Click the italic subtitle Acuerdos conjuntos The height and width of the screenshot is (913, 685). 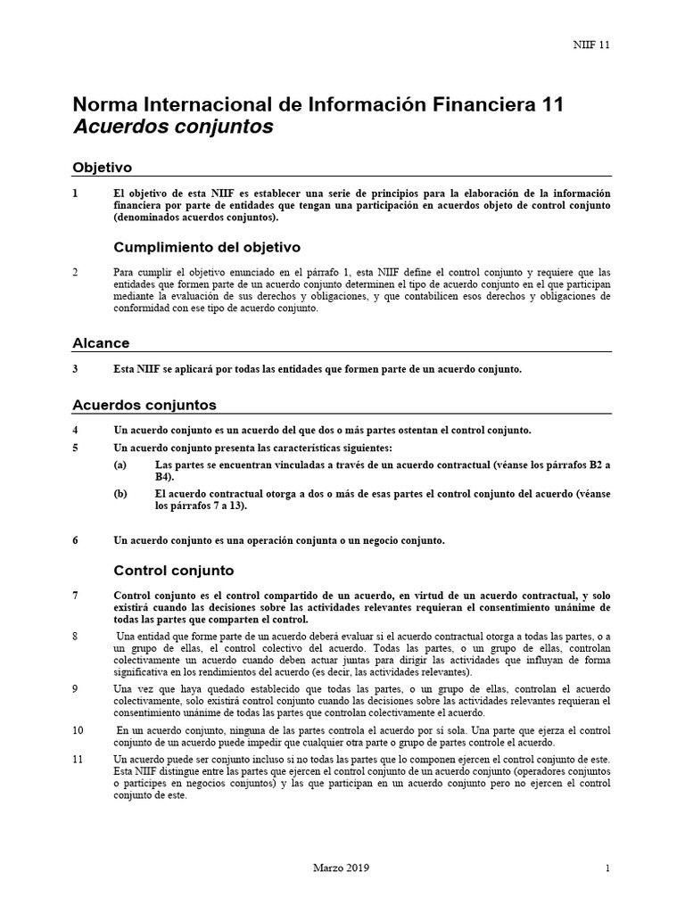pyautogui.click(x=172, y=127)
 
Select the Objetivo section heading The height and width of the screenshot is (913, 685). pyautogui.click(x=102, y=167)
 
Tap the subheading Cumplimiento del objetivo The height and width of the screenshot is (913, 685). pyautogui.click(x=207, y=246)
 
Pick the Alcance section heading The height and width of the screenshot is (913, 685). pyautogui.click(x=100, y=343)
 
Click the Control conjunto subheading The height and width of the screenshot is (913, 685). pyautogui.click(x=174, y=570)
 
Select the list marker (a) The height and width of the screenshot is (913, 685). pyautogui.click(x=120, y=465)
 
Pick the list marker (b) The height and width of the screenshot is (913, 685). pyautogui.click(x=120, y=493)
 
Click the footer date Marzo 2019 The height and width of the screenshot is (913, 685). pyautogui.click(x=341, y=868)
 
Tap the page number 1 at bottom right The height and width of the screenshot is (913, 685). pyautogui.click(x=607, y=868)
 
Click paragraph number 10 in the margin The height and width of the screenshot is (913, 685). pyautogui.click(x=78, y=730)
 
